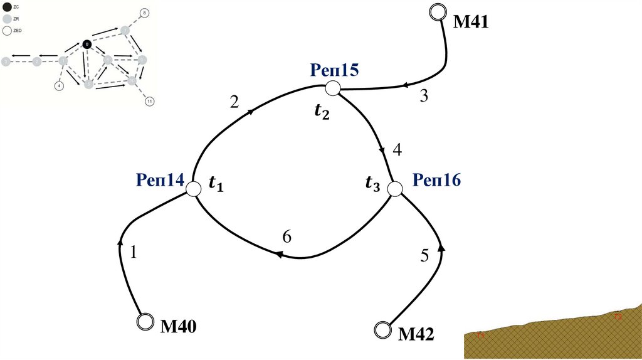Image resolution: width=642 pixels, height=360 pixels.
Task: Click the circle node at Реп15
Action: tap(332, 88)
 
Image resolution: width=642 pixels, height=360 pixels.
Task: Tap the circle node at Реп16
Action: tap(394, 188)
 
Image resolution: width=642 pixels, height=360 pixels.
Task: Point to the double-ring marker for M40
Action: tap(145, 321)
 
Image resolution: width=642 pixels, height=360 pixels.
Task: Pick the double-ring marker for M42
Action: tap(382, 330)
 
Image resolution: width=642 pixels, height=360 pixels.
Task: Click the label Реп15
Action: tap(334, 70)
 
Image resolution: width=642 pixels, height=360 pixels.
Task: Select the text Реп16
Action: tap(436, 180)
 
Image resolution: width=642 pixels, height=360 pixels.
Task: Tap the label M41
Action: tap(470, 23)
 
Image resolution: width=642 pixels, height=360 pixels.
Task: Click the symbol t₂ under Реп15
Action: tap(321, 111)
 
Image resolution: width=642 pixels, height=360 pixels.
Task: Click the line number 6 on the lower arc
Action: tap(287, 237)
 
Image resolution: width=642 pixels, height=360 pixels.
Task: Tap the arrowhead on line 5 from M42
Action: tap(441, 248)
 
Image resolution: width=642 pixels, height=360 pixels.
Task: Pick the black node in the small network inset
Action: tap(87, 45)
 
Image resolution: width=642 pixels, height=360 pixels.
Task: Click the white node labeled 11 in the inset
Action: tap(149, 102)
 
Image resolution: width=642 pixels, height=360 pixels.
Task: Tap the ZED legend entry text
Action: tap(18, 29)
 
